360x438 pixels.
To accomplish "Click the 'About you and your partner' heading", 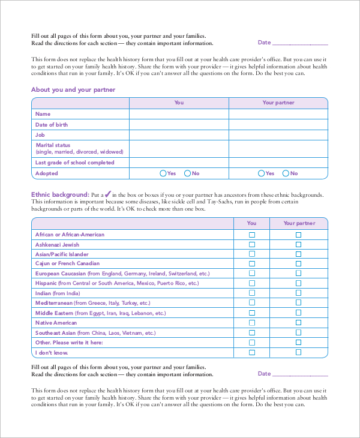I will point(73,89).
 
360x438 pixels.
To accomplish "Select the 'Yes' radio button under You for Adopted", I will point(163,173).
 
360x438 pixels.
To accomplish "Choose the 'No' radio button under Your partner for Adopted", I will point(286,173).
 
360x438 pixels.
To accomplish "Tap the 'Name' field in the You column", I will point(179,114).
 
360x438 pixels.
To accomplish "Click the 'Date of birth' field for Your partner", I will point(278,125).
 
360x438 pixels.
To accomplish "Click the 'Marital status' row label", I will point(53,145).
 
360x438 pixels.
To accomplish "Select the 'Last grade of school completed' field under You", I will point(179,163).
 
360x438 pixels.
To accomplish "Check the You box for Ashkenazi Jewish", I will point(252,245).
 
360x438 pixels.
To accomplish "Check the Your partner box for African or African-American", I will point(298,235).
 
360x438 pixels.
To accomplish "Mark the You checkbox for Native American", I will point(252,323).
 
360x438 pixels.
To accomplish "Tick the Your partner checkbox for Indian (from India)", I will point(298,293).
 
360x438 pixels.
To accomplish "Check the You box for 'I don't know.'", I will point(252,352).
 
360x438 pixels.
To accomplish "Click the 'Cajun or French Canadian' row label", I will point(67,263).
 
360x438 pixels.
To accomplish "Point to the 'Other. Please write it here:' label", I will point(69,343).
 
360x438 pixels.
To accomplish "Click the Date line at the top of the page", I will point(300,43).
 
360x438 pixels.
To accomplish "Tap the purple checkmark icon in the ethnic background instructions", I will point(108,194).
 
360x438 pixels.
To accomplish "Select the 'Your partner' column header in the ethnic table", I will point(298,223).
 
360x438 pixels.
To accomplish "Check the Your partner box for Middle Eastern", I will point(298,313).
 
